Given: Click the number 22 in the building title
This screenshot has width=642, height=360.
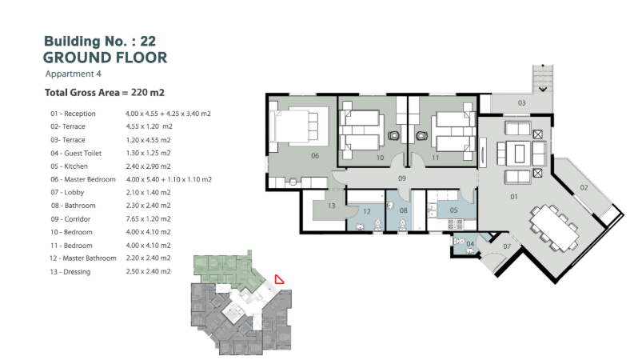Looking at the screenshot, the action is (148, 41).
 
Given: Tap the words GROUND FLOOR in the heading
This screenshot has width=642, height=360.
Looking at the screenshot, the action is (106, 58).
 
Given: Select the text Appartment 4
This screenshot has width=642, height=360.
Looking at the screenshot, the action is (74, 74).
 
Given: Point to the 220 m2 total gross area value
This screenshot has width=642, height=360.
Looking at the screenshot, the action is (147, 93).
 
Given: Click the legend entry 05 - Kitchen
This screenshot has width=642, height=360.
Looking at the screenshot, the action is (70, 166).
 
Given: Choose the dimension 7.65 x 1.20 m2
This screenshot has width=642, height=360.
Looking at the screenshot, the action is (148, 218).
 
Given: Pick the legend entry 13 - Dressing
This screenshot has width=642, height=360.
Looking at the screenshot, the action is (70, 271).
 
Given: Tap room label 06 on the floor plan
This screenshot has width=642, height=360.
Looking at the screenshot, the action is (315, 156).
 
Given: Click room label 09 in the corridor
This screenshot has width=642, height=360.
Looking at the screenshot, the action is (402, 178).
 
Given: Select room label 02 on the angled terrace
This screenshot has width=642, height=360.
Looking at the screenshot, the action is (584, 187).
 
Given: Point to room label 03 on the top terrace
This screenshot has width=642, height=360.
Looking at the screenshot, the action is (521, 102).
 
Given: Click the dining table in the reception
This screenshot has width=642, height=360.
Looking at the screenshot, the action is (554, 229).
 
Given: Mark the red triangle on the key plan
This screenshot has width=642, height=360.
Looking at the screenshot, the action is (279, 279).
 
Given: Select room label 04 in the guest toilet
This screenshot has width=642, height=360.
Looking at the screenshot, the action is (470, 244).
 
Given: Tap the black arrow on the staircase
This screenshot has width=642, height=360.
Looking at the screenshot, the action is (543, 89).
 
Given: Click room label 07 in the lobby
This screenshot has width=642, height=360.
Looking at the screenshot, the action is (507, 246).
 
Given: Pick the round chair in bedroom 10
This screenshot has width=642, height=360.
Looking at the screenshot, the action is (393, 135).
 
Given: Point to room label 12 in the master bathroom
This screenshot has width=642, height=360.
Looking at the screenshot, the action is (367, 212).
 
